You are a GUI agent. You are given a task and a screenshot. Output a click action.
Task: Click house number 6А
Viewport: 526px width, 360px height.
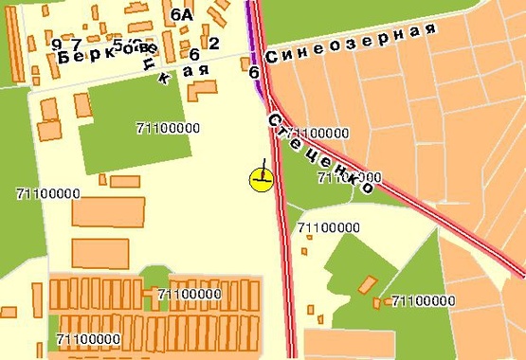(x=182, y=14)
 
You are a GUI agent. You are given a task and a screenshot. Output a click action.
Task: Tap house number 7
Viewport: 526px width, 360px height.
(x=78, y=45)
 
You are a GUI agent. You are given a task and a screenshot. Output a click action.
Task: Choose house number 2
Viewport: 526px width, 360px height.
(x=213, y=44)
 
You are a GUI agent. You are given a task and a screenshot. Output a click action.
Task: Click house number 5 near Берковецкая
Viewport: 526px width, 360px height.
(x=118, y=44)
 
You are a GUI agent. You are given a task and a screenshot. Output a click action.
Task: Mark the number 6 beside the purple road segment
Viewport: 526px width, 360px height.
(x=254, y=71)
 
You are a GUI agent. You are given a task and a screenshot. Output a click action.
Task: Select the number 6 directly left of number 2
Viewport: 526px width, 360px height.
(x=193, y=55)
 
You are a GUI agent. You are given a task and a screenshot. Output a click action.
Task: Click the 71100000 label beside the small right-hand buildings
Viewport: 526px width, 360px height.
(x=424, y=300)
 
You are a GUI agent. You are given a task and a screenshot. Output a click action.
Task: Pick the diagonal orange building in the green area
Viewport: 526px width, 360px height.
(x=365, y=284)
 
